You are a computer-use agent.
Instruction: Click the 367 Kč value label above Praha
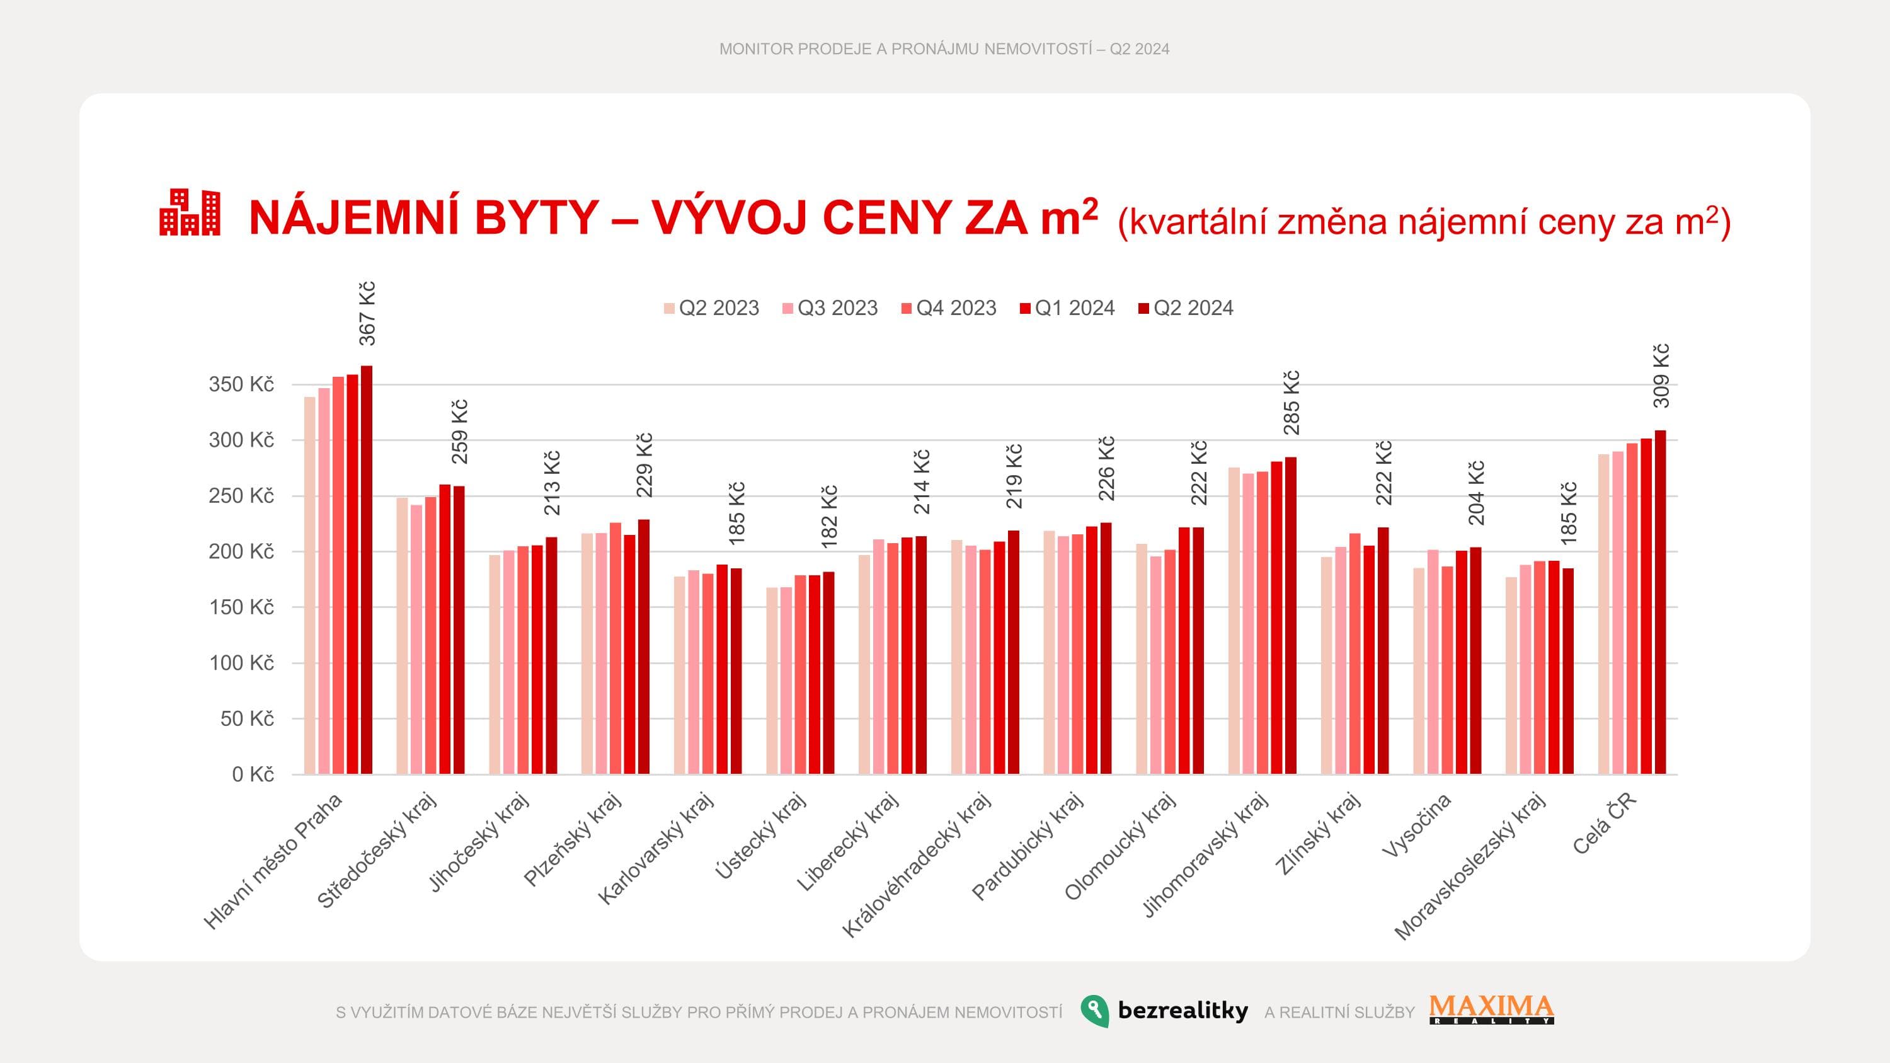367,313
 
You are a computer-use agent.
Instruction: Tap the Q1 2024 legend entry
1067,308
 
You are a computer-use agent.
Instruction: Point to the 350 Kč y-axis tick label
241,384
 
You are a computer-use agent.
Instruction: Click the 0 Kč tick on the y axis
253,774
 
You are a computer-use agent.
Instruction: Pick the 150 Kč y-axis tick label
241,607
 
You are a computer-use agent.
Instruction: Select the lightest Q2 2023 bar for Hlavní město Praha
309,585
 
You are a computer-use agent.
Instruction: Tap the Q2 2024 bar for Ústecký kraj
828,673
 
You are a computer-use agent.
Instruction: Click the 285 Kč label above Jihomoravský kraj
1291,403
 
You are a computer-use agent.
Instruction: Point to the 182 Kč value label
829,517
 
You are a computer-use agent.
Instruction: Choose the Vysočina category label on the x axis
1416,825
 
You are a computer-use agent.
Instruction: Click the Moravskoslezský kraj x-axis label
1470,866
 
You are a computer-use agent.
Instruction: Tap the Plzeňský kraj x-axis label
571,840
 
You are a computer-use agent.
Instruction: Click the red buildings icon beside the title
190,213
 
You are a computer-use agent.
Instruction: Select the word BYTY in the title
536,218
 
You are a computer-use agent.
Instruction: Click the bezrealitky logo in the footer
1164,1011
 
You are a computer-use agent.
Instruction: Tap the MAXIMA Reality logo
1492,1009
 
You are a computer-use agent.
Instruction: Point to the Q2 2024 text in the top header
1140,49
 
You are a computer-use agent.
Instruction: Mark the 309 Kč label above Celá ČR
1661,376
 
